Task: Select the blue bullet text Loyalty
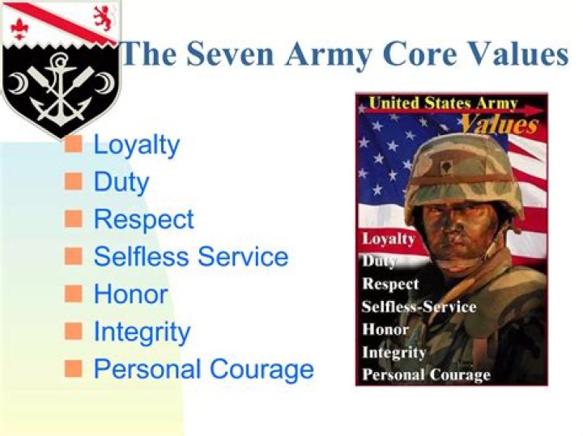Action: [x=136, y=146]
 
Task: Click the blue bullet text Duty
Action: [x=121, y=182]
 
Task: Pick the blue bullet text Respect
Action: [x=143, y=219]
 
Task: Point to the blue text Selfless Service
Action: [x=190, y=256]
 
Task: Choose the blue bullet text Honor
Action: [x=130, y=294]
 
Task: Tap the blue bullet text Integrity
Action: [x=142, y=332]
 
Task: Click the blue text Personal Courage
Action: [x=203, y=369]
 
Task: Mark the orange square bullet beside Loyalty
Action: [x=74, y=145]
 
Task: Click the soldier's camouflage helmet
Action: [x=462, y=166]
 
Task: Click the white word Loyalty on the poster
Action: [x=388, y=239]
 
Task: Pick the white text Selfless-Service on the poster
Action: [x=419, y=307]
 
